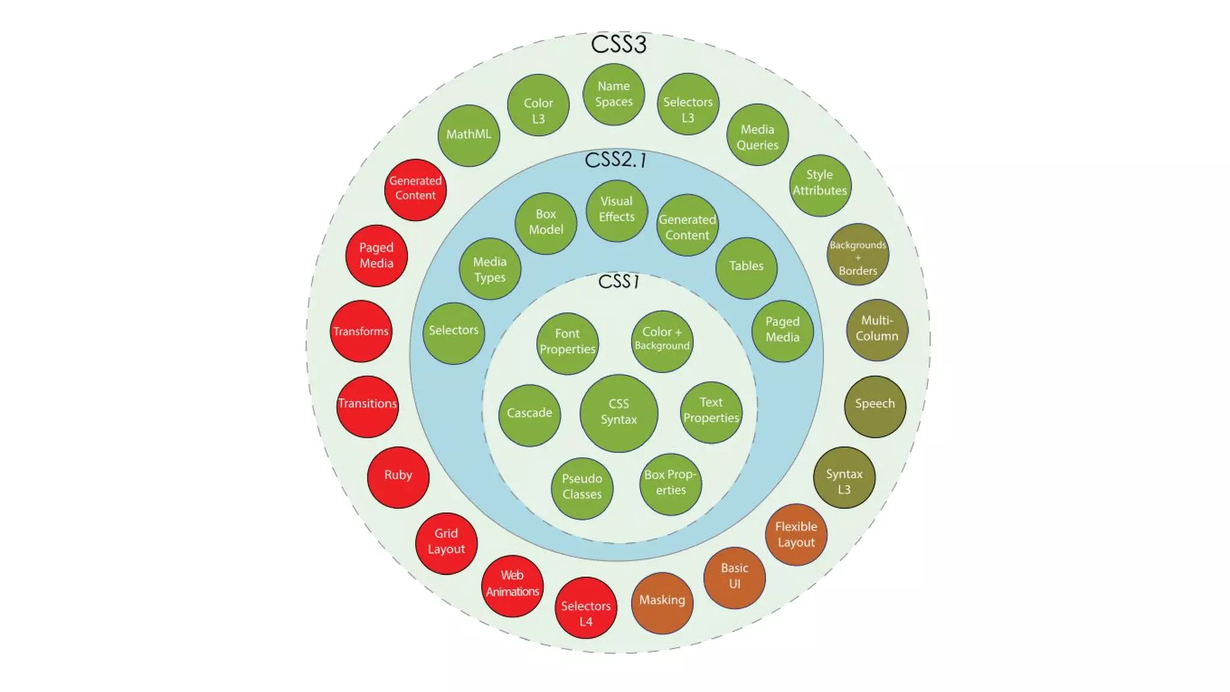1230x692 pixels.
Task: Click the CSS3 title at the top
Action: pyautogui.click(x=619, y=44)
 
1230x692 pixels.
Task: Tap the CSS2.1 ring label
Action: pyautogui.click(x=616, y=160)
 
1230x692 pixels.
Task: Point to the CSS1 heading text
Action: pyautogui.click(x=619, y=281)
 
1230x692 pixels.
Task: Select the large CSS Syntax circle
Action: pyautogui.click(x=619, y=413)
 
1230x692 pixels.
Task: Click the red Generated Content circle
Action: pyautogui.click(x=415, y=189)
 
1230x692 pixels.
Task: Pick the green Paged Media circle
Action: pyautogui.click(x=782, y=330)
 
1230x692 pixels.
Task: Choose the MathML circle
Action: pyautogui.click(x=468, y=135)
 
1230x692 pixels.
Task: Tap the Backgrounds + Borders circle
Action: pyautogui.click(x=858, y=254)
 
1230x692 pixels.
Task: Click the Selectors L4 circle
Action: pyautogui.click(x=586, y=607)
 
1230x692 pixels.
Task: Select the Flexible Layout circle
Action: pyautogui.click(x=796, y=534)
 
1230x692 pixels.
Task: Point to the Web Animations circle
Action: pyautogui.click(x=512, y=586)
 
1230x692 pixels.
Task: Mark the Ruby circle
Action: pyautogui.click(x=398, y=477)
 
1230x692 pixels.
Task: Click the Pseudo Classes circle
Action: pyautogui.click(x=582, y=488)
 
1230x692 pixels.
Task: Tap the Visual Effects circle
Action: pyautogui.click(x=616, y=210)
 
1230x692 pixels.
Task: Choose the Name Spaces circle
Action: pyautogui.click(x=613, y=94)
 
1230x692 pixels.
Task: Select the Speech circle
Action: pyautogui.click(x=874, y=406)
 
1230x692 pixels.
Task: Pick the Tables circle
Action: pyautogui.click(x=746, y=267)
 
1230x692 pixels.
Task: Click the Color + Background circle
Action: pyautogui.click(x=662, y=341)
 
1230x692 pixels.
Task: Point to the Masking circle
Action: pyautogui.click(x=662, y=602)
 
